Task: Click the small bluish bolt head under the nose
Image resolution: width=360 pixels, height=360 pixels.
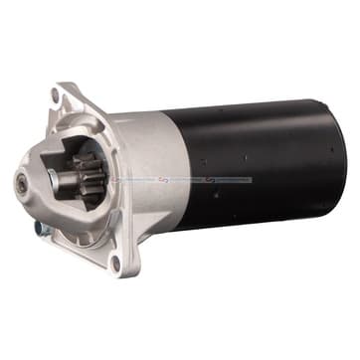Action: click(38, 227)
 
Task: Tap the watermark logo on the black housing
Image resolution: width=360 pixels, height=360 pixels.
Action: click(211, 180)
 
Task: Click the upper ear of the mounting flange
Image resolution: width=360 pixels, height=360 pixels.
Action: click(62, 94)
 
